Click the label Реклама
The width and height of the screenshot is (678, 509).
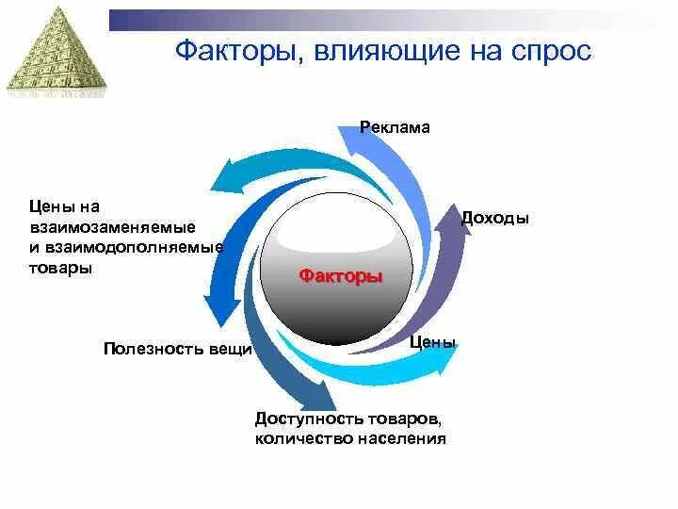(x=395, y=127)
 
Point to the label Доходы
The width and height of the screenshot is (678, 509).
(x=495, y=218)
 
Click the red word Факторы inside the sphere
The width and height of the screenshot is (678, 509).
(x=341, y=277)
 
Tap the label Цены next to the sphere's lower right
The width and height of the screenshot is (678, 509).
(x=434, y=342)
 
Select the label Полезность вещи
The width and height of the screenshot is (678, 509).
(x=178, y=349)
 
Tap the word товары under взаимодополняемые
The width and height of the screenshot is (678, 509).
(x=60, y=269)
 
